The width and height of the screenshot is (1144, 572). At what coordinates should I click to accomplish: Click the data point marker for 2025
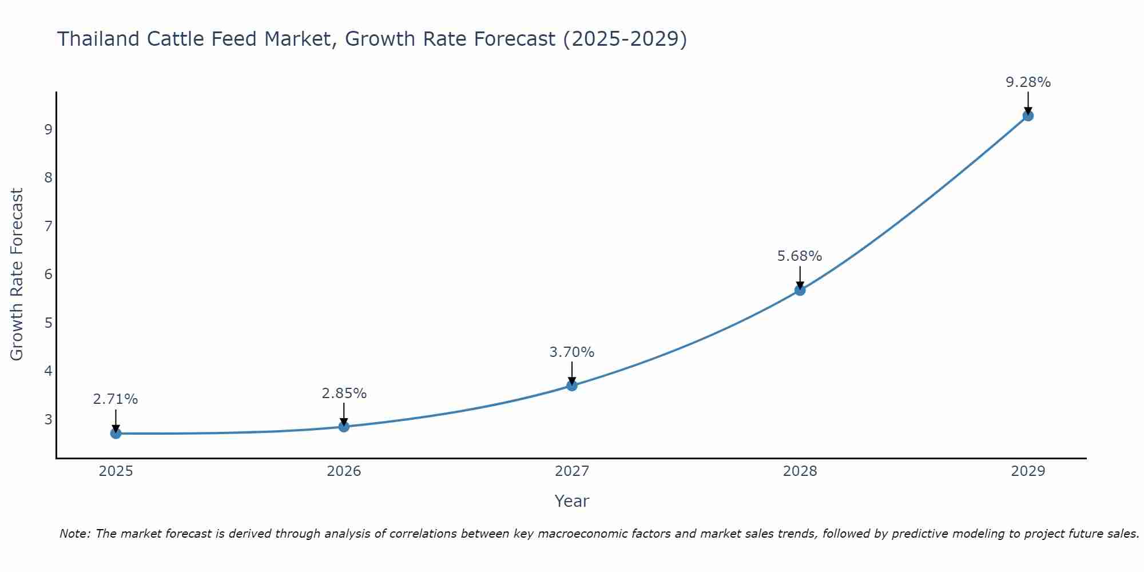[x=116, y=433]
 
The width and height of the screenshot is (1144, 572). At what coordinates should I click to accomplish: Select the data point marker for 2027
[x=571, y=386]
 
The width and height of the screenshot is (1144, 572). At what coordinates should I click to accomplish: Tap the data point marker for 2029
[x=1028, y=116]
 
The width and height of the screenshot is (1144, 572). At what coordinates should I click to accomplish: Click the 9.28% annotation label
[x=1028, y=82]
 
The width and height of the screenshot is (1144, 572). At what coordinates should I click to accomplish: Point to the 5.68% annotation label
[x=799, y=256]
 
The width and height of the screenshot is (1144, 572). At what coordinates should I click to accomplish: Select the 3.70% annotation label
[x=571, y=352]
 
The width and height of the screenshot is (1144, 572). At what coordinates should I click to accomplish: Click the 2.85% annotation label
[x=344, y=394]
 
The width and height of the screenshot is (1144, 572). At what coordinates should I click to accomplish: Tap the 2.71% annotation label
[x=116, y=399]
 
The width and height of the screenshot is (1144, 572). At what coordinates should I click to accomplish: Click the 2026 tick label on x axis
[x=344, y=471]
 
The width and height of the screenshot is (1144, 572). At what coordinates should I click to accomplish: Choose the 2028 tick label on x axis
[x=800, y=471]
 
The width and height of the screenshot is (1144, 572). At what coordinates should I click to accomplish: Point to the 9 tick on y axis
[x=48, y=129]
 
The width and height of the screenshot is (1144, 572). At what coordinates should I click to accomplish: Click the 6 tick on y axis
[x=48, y=275]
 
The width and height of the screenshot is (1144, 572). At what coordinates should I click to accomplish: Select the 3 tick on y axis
[x=48, y=419]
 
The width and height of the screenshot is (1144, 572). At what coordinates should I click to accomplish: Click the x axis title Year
[x=571, y=501]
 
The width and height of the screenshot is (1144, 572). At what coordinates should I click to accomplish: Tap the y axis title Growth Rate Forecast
[x=17, y=275]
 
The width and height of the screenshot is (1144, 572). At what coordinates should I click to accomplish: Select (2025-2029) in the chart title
[x=625, y=39]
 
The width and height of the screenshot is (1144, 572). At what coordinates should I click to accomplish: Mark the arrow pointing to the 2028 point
[x=800, y=277]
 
